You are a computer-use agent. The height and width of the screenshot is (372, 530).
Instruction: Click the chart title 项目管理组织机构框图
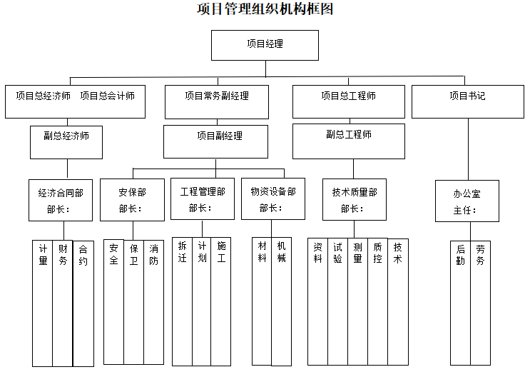pyautogui.click(x=265, y=9)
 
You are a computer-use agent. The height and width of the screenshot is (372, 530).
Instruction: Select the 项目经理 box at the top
pyautogui.click(x=265, y=44)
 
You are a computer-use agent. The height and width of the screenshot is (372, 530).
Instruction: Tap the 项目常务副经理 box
pyautogui.click(x=217, y=101)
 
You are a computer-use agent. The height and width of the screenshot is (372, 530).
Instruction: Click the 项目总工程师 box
pyautogui.click(x=348, y=101)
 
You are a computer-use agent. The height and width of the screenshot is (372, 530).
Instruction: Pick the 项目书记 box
pyautogui.click(x=467, y=101)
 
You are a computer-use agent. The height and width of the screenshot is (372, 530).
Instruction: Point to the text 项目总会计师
pyautogui.click(x=107, y=96)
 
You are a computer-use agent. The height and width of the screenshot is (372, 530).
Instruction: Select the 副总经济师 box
pyautogui.click(x=66, y=141)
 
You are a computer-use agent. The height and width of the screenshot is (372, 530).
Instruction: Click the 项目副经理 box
pyautogui.click(x=215, y=141)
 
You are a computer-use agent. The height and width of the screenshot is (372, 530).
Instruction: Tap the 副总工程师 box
pyautogui.click(x=348, y=141)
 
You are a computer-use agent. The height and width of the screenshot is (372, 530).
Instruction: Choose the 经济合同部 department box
pyautogui.click(x=61, y=200)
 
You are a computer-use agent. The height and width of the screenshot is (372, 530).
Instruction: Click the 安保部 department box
pyautogui.click(x=133, y=200)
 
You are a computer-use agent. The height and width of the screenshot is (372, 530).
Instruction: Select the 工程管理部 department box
pyautogui.click(x=203, y=199)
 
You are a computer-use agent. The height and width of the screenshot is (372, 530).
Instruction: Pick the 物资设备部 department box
pyautogui.click(x=272, y=199)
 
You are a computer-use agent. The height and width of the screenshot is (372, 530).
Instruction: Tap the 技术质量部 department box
pyautogui.click(x=354, y=200)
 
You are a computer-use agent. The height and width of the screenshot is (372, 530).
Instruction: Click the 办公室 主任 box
pyautogui.click(x=467, y=201)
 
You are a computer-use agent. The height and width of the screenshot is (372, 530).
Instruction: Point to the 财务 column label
pyautogui.click(x=63, y=255)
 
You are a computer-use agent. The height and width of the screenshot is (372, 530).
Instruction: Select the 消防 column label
pyautogui.click(x=154, y=255)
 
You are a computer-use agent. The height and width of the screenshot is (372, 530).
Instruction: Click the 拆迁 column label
pyautogui.click(x=183, y=251)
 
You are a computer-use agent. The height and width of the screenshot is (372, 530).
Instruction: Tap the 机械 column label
pyautogui.click(x=282, y=251)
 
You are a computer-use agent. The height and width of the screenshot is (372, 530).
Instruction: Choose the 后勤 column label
pyautogui.click(x=461, y=255)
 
